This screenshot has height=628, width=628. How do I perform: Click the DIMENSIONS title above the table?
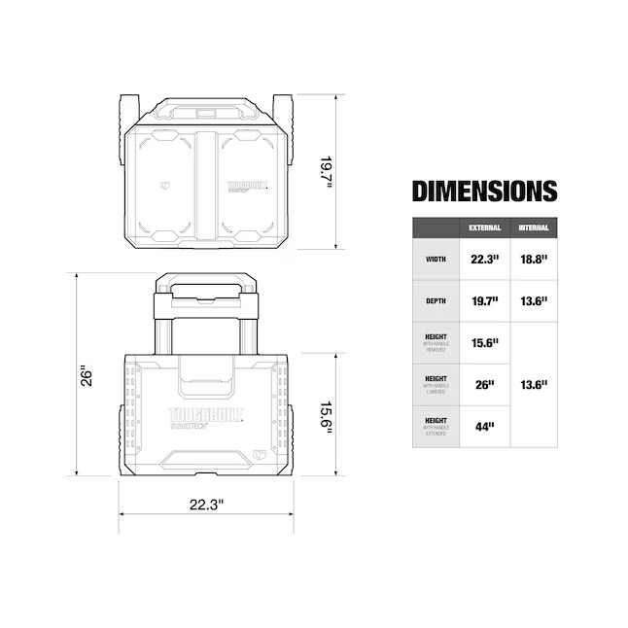pos(484,191)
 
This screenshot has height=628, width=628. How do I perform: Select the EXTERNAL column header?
pos(485,227)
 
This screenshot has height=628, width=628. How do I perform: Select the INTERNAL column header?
pos(534,227)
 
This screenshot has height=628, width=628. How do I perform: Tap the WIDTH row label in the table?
pos(436,260)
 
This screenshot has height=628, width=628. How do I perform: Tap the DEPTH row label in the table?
pos(436,301)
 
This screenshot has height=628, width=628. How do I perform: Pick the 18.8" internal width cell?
pos(534,260)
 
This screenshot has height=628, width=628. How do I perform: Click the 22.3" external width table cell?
pos(485,260)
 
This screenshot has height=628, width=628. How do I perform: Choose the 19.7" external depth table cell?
pos(485,301)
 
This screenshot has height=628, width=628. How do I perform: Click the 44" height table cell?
pos(485,426)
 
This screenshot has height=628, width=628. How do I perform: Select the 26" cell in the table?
pos(485,385)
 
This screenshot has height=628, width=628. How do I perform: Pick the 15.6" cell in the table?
pos(485,343)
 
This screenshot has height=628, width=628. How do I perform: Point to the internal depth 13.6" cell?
pos(534,301)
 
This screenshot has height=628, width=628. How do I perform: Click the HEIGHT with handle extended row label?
pos(436,426)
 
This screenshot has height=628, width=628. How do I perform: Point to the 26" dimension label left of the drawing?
pos(85,374)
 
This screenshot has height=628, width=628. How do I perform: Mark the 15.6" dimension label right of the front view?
pos(327,416)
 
